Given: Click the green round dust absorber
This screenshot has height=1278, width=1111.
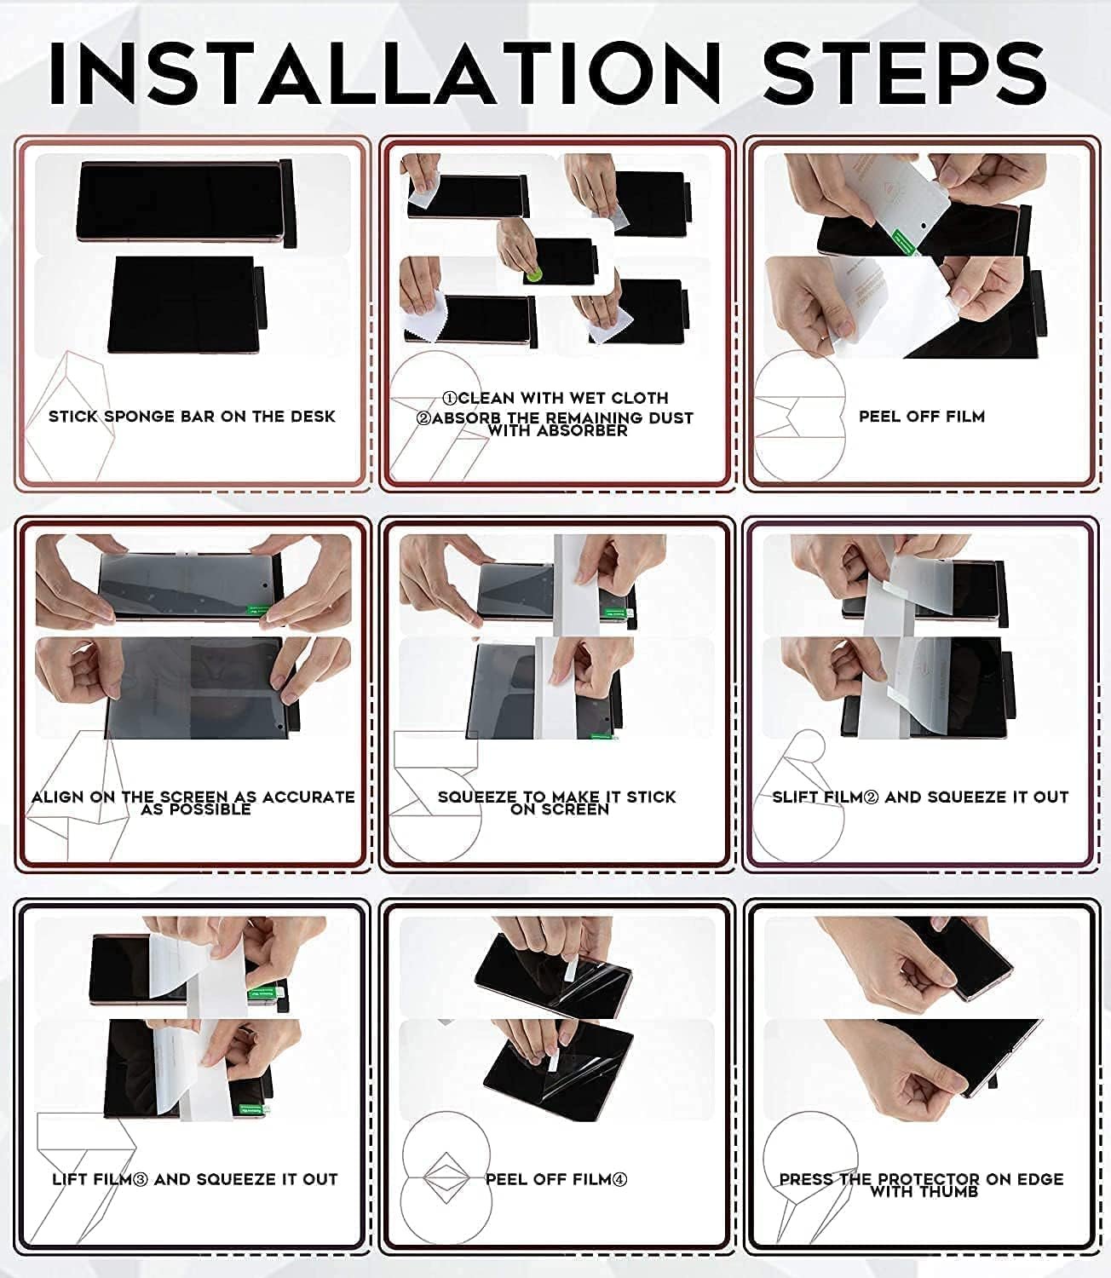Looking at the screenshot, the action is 532,274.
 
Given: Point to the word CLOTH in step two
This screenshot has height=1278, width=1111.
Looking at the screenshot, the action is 640,398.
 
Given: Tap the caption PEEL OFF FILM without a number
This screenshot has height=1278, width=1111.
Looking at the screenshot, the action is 922,417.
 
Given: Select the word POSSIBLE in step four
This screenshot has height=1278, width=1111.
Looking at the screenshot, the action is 215,809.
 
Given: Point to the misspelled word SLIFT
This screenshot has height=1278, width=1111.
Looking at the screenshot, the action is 795,797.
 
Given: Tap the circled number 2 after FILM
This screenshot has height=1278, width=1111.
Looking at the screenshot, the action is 872,797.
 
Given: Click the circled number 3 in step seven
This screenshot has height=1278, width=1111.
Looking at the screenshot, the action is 141,1180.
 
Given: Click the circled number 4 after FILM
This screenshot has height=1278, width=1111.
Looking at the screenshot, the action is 619,1180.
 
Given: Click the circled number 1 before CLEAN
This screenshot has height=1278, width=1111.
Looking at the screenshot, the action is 450,399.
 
